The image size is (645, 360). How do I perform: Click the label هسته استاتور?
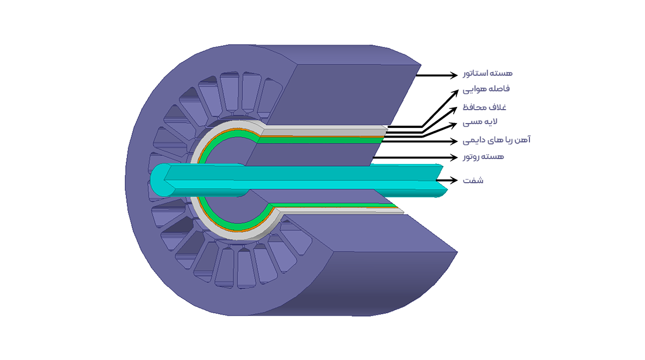pos(488,73)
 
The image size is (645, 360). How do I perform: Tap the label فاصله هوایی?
pos(486,89)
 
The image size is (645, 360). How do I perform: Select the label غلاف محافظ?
pos(484,107)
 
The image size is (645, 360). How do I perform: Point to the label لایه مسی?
pos(479,122)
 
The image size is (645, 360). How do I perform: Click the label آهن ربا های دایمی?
pos(497,140)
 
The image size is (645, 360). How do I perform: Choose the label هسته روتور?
pos(483,157)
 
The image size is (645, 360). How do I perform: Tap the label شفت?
pos(473,181)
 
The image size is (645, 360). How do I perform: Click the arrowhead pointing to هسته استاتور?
pos(454,75)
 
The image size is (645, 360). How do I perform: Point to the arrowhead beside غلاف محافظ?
pos(454,110)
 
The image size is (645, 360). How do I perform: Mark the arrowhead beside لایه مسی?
pos(453,125)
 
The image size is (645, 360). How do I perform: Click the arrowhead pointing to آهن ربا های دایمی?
pos(454,141)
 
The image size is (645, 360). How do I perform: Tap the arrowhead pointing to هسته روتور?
pos(454,157)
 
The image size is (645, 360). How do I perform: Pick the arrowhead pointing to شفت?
pos(454,180)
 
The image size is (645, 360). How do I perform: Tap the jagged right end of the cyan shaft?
pos(441,181)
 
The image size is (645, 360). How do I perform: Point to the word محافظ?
pos(474,107)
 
